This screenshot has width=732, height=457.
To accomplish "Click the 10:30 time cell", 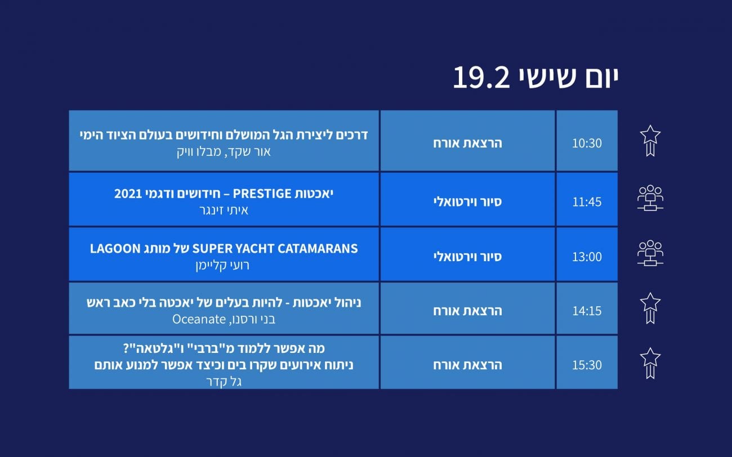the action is pos(587,141).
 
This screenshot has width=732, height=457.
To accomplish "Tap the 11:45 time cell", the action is pos(587,199).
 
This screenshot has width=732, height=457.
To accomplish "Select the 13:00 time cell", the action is pos(587,254).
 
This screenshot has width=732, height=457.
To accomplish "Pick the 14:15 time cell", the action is pos(587,308).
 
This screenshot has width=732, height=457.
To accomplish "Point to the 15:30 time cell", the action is pos(587,362).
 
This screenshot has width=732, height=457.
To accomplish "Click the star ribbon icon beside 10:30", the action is pos(650,141).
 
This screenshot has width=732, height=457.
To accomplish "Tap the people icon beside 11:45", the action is pos(650,198).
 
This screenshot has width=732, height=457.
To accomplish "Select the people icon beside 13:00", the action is pos(650,253).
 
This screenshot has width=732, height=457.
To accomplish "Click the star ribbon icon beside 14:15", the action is pos(650,308).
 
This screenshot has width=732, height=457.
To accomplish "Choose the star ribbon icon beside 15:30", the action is pos(650,363).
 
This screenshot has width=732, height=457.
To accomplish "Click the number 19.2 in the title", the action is pos(481,78).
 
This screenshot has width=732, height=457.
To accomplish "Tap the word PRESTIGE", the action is pos(262,194).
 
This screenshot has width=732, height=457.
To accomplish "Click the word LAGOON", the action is pos(115,249).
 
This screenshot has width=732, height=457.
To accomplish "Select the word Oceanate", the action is pos(199,319).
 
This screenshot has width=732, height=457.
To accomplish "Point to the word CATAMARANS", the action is pos(318,249).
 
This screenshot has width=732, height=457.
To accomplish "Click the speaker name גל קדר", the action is pos(224,382).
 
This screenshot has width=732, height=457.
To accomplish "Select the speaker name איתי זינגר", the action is pos(224,210).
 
